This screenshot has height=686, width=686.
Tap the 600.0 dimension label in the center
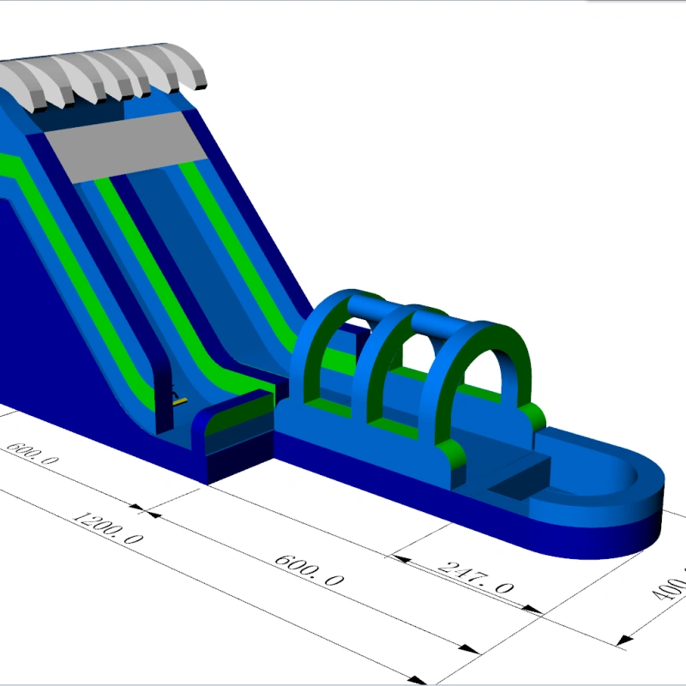tap(310, 569)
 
